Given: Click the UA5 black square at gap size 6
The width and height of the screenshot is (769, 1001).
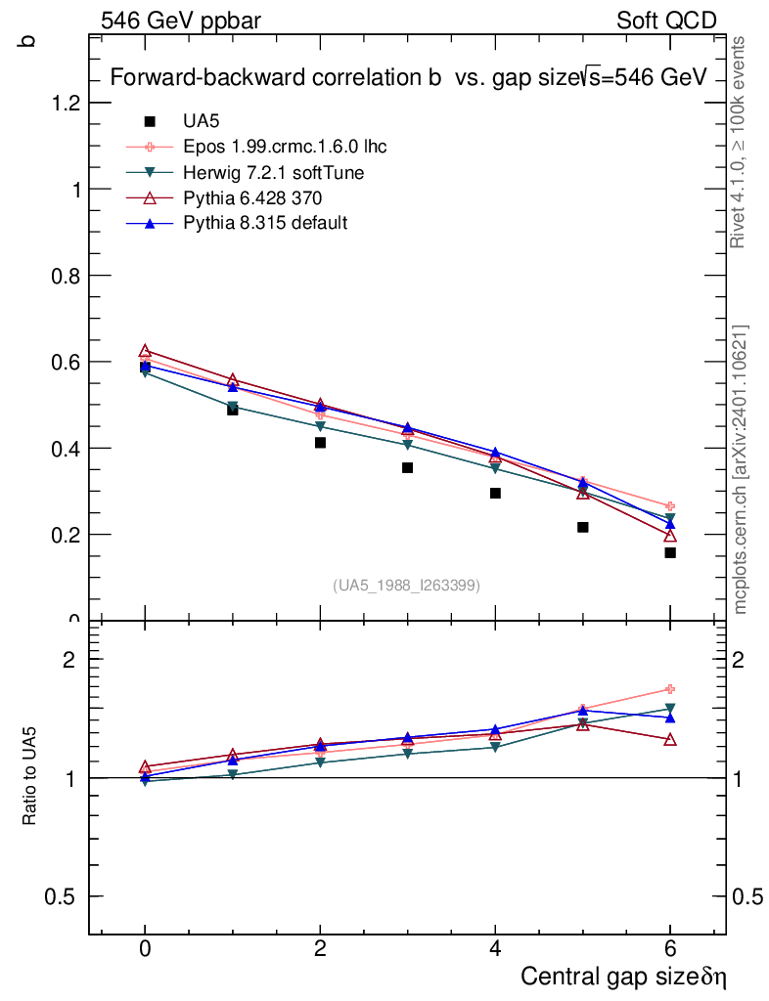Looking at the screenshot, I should (670, 552).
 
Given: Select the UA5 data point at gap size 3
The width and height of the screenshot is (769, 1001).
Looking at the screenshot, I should (407, 467).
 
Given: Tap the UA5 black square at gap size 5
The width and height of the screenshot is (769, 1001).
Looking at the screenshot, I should (582, 527).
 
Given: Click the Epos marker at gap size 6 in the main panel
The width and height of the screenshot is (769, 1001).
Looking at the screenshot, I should (670, 505).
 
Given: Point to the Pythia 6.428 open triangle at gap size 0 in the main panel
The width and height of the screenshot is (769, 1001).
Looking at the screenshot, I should (145, 350).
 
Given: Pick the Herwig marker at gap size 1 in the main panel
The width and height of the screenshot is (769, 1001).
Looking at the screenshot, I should (233, 406).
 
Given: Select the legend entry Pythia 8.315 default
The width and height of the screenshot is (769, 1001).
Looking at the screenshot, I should (265, 223).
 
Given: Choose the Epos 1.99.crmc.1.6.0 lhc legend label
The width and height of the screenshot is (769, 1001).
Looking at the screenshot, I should (285, 148).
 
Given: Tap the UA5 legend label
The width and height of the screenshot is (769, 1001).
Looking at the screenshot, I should (202, 122).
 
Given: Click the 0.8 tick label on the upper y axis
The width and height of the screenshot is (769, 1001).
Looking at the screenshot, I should (65, 276).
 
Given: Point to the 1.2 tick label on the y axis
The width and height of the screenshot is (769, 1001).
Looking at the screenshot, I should (65, 103).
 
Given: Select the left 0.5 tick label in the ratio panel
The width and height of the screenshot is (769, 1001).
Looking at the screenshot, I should (63, 897).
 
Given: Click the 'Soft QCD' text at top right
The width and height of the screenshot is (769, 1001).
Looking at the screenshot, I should (666, 21).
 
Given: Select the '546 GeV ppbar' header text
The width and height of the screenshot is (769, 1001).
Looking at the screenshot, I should (181, 21).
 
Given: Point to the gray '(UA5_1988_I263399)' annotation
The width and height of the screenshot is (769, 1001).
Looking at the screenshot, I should (407, 585).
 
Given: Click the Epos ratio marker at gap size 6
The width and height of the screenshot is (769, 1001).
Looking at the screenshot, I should (670, 689).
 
